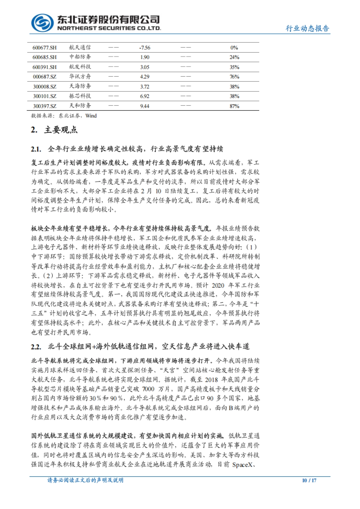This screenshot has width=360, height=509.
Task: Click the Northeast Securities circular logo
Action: (42, 23)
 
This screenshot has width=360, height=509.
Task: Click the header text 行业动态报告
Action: (307, 28)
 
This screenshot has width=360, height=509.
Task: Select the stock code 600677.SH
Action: (44, 48)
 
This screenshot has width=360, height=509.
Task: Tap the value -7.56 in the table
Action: (145, 48)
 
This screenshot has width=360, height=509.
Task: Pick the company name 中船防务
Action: (80, 57)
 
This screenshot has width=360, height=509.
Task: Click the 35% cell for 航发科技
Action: (234, 67)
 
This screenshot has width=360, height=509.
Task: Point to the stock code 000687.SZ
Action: (44, 77)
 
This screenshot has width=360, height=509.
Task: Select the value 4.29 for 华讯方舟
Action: (145, 77)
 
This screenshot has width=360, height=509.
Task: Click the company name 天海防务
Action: (80, 86)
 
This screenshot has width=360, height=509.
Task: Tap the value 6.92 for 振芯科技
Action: (145, 96)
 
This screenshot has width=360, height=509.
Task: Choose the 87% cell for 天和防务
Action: (234, 106)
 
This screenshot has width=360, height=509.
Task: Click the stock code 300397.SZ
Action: (44, 106)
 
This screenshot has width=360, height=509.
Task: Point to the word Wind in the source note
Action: (91, 116)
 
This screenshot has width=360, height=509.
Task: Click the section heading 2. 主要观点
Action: (54, 130)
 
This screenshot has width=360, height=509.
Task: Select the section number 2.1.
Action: (36, 149)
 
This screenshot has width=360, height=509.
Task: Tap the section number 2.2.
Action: (36, 347)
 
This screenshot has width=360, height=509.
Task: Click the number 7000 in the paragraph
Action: (148, 389)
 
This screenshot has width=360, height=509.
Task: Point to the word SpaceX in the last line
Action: (242, 465)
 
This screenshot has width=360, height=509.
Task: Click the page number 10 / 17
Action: (309, 481)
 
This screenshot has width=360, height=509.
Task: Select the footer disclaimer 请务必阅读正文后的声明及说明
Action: (85, 480)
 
